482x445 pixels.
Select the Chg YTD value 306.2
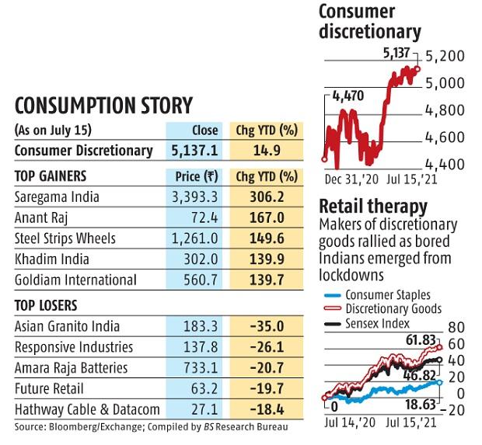click(x=267, y=198)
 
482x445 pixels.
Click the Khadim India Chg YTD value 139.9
click(x=267, y=259)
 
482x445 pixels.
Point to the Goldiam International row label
click(x=75, y=280)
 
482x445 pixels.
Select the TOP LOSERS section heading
click(x=47, y=305)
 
